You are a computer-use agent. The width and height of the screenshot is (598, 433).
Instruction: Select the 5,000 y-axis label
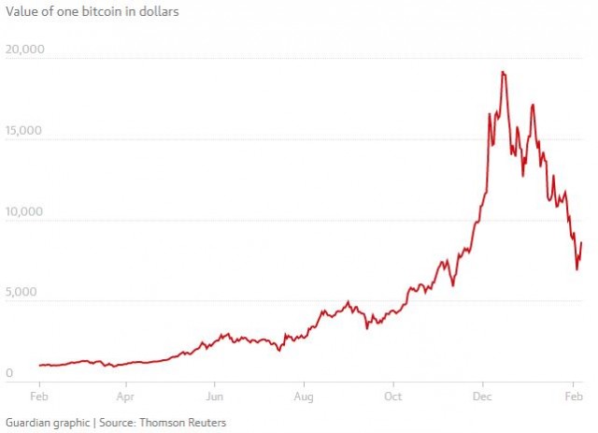[21, 293]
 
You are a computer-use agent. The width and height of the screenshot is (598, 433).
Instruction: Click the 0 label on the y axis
[8, 374]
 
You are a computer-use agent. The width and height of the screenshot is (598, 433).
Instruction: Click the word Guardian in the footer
[28, 422]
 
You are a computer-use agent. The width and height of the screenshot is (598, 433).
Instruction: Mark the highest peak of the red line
[503, 72]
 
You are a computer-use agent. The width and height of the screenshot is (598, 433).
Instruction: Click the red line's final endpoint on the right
[581, 243]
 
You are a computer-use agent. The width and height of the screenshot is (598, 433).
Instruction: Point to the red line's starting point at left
[39, 366]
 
